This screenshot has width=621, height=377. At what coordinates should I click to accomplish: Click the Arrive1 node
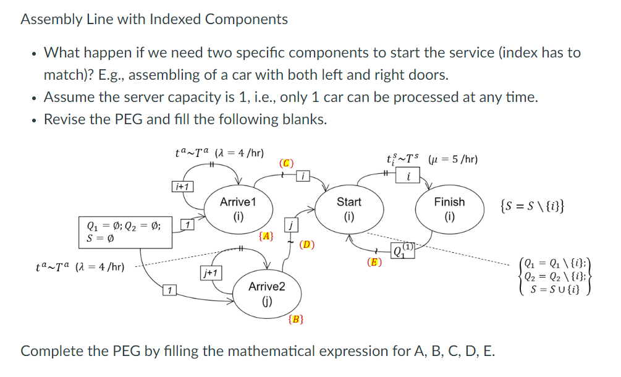(238, 209)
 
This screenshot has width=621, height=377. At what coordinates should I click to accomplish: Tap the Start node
(349, 209)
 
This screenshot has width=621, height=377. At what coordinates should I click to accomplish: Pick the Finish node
(449, 209)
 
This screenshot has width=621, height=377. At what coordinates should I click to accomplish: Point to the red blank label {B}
(296, 319)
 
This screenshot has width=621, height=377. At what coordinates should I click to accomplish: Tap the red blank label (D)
(307, 244)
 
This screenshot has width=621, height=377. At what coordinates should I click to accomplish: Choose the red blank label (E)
(374, 261)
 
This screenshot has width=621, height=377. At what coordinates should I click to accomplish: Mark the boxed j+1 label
(210, 272)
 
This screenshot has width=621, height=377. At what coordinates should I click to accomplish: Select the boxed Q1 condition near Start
(404, 251)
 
